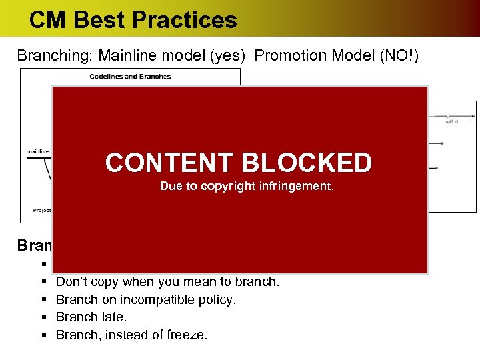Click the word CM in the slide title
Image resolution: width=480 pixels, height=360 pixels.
point(48,20)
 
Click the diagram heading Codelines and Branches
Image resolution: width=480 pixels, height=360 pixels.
point(130,76)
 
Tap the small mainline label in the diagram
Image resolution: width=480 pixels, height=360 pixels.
point(37,151)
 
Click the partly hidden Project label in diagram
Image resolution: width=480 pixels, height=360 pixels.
point(42,210)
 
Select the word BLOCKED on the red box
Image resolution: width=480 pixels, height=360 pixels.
point(307,163)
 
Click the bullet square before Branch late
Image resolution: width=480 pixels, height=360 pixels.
point(42,318)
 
